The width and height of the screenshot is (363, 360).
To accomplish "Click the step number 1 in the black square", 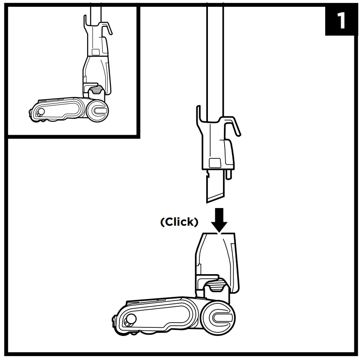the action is point(342,21).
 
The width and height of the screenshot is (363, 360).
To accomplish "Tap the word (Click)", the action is point(179,222).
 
